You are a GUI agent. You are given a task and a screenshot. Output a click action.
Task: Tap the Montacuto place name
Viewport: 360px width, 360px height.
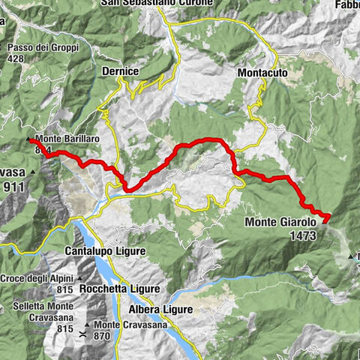(x=263, y=73)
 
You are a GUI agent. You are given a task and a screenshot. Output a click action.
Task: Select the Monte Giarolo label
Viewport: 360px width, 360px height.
(x=281, y=222)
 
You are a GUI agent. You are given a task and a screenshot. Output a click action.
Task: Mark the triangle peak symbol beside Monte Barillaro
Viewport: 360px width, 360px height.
(x=29, y=139)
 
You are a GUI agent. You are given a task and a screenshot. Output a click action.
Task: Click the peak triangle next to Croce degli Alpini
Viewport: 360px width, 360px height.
(x=78, y=278)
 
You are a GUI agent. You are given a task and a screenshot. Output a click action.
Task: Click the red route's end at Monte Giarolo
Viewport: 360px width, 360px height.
(x=327, y=217)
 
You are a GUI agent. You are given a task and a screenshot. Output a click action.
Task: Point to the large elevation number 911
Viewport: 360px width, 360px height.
(x=14, y=187)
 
